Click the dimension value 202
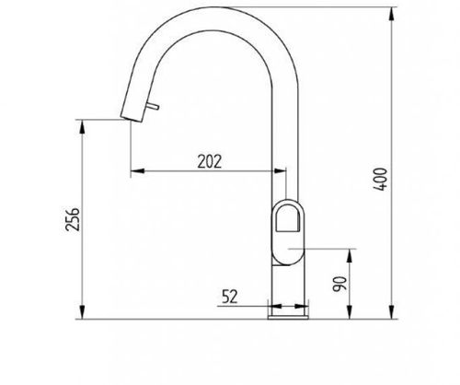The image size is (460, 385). (210, 161)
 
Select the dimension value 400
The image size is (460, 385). (380, 179)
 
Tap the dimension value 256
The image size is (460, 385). (73, 219)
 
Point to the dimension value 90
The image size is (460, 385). (339, 284)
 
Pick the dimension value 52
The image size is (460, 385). (230, 297)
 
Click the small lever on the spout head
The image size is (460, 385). (153, 106)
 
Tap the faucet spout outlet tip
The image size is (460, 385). (132, 119)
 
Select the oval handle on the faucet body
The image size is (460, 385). (288, 232)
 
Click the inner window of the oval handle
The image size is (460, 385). (287, 218)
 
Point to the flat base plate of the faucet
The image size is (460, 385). (288, 317)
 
